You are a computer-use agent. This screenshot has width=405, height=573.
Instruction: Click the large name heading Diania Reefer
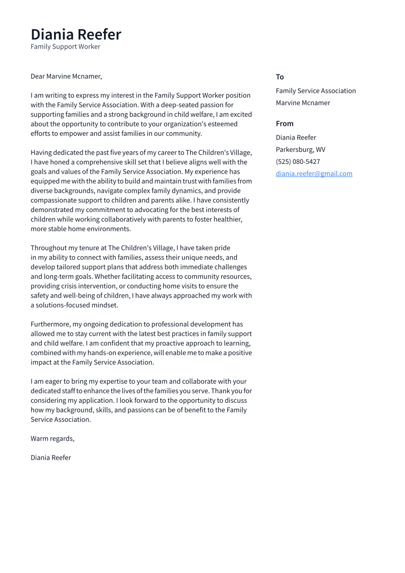tap(76, 35)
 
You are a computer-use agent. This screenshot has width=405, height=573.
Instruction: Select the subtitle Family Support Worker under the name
tap(65, 47)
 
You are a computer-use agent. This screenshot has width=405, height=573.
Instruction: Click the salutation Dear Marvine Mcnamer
tap(66, 76)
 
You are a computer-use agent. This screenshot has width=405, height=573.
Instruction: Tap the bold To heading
tap(280, 77)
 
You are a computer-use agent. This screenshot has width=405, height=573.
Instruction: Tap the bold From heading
tap(284, 124)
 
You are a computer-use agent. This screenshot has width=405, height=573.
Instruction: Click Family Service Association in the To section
tap(316, 90)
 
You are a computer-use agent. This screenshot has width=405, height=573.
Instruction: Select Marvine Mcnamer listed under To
tap(302, 103)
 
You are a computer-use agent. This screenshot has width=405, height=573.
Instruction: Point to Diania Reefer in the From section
tap(296, 138)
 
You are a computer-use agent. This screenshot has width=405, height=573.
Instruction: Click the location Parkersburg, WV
tap(300, 149)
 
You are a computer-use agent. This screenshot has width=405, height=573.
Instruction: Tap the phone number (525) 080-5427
tap(298, 161)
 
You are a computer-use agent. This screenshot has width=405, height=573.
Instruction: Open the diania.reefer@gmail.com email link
tap(314, 174)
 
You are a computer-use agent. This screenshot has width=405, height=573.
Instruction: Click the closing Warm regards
tap(53, 439)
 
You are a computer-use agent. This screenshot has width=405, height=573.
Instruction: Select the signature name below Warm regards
tap(51, 458)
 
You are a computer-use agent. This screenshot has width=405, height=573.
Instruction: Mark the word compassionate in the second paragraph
tap(53, 200)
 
